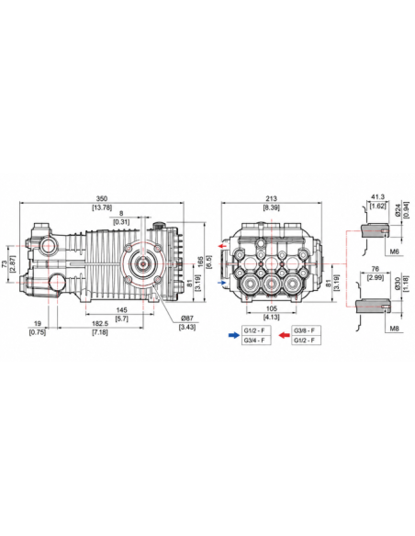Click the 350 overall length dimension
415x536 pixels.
pyautogui.click(x=102, y=198)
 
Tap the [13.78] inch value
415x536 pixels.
pyautogui.click(x=102, y=207)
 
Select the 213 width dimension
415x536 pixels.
pyautogui.click(x=271, y=198)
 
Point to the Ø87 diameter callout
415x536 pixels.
pyautogui.click(x=187, y=318)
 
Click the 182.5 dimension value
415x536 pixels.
pyautogui.click(x=100, y=323)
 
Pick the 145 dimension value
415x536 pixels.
pyautogui.click(x=121, y=310)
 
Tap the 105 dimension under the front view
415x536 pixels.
pyautogui.click(x=272, y=309)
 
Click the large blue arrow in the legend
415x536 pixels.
pyautogui.click(x=234, y=335)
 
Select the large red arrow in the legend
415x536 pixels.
pyautogui.click(x=284, y=335)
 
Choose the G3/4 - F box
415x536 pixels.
pyautogui.click(x=256, y=341)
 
